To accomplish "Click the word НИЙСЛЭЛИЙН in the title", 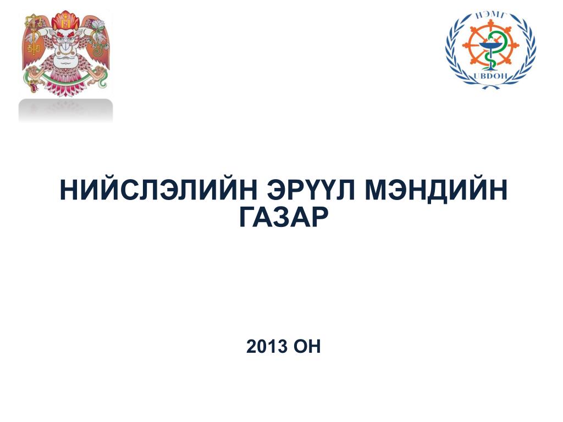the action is pyautogui.click(x=158, y=190).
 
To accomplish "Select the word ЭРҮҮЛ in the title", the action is pyautogui.click(x=311, y=190).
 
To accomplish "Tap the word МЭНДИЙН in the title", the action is pyautogui.click(x=436, y=191).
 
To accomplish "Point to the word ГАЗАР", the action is pyautogui.click(x=284, y=217).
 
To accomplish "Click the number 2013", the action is pyautogui.click(x=267, y=347).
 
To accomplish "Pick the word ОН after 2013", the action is pyautogui.click(x=307, y=347).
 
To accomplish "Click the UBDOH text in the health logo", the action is pyautogui.click(x=490, y=76).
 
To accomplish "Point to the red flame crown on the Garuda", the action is pyautogui.click(x=66, y=21).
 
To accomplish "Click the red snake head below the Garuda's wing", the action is pyautogui.click(x=33, y=86).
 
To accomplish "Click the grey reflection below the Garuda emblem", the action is pyautogui.click(x=66, y=110).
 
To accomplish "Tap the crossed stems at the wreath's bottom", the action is pyautogui.click(x=490, y=86).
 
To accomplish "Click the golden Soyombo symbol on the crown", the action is pyautogui.click(x=66, y=23).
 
